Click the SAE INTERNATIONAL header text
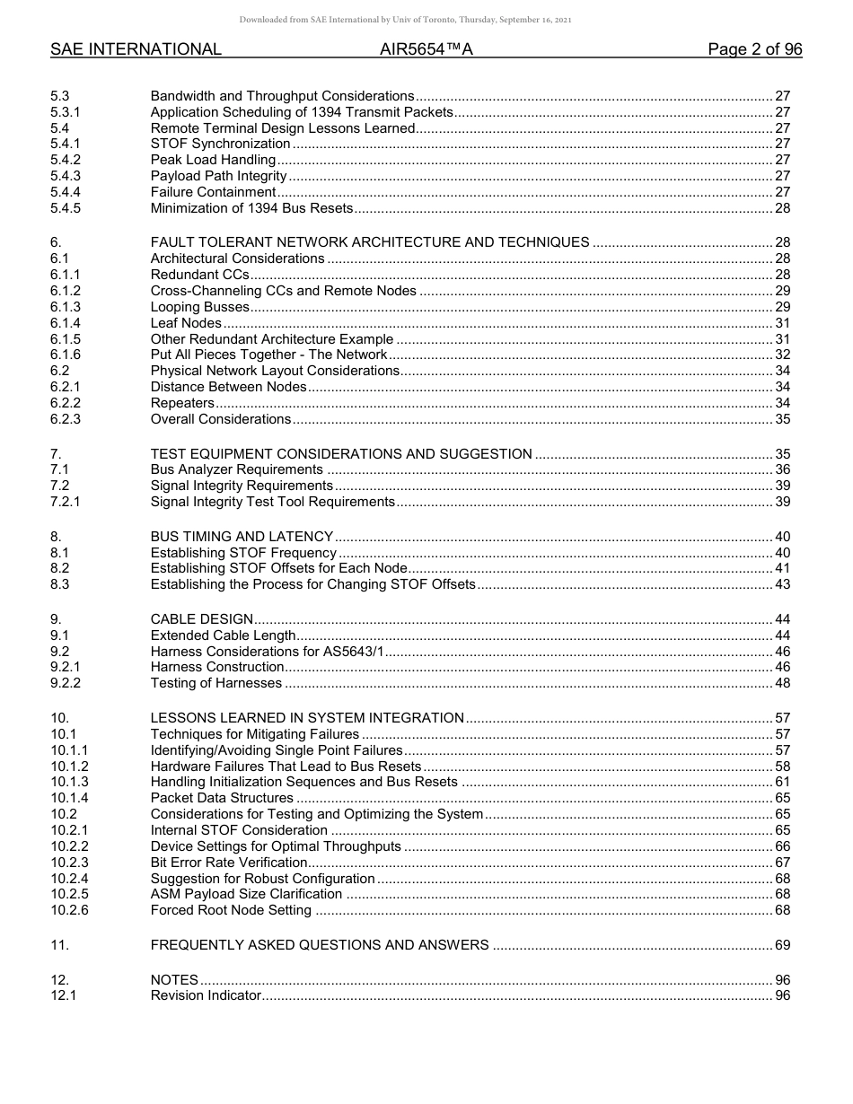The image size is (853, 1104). pyautogui.click(x=136, y=50)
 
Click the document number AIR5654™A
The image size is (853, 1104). pyautogui.click(x=426, y=50)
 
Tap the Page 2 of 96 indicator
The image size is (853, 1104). pyautogui.click(x=754, y=50)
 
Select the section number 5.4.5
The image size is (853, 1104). pyautogui.click(x=66, y=209)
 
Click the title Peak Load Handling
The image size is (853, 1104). pyautogui.click(x=213, y=161)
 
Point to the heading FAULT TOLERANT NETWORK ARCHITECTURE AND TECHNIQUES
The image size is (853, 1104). pyautogui.click(x=370, y=242)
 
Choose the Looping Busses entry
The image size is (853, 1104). pyautogui.click(x=199, y=308)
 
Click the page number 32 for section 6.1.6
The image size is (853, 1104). pyautogui.click(x=782, y=355)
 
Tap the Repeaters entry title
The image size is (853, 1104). pyautogui.click(x=182, y=404)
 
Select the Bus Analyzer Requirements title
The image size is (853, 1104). pyautogui.click(x=236, y=469)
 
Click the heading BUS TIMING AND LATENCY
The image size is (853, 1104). pyautogui.click(x=242, y=537)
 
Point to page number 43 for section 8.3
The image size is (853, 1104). pyautogui.click(x=782, y=585)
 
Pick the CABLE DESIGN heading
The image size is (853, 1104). pyautogui.click(x=202, y=619)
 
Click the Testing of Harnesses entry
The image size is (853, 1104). pyautogui.click(x=216, y=684)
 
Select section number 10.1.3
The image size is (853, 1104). pyautogui.click(x=69, y=783)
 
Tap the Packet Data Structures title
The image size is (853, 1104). pyautogui.click(x=222, y=798)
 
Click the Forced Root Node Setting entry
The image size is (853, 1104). pyautogui.click(x=231, y=911)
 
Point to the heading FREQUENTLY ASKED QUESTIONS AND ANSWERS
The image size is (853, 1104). pyautogui.click(x=320, y=945)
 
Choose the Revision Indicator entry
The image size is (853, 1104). pyautogui.click(x=206, y=995)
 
